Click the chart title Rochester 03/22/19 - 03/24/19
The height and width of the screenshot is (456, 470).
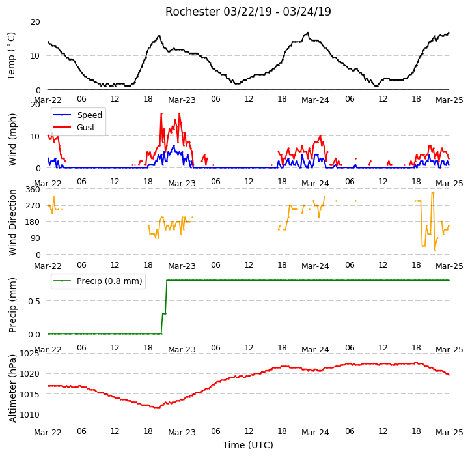pos(248,12)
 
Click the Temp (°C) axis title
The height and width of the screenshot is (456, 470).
pos(11,56)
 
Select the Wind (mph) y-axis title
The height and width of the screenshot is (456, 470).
pos(12,139)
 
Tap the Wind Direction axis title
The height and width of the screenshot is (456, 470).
pos(12,222)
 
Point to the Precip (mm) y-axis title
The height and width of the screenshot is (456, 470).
pos(12,305)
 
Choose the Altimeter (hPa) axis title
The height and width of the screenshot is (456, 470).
pos(12,388)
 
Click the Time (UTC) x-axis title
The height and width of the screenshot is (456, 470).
pos(248,444)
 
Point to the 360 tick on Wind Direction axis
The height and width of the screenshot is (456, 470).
pos(33,190)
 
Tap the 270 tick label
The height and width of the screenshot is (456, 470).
pos(33,206)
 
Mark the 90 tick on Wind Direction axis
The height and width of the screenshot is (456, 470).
pos(35,238)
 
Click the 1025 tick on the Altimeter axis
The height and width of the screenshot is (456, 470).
pos(29,353)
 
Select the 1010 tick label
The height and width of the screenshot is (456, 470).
pos(29,414)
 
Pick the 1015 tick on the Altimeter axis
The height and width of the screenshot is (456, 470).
pos(29,394)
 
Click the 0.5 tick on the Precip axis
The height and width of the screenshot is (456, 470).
pos(34,301)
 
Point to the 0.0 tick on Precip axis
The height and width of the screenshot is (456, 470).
pos(34,334)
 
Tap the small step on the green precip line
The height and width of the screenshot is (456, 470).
pos(164,313)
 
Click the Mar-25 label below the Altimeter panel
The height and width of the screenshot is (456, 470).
pos(449,433)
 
